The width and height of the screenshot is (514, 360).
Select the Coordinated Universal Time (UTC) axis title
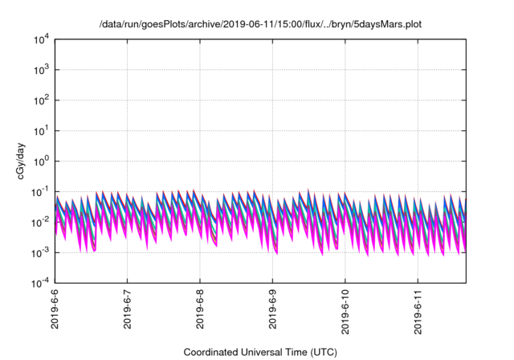pyautogui.click(x=259, y=352)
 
